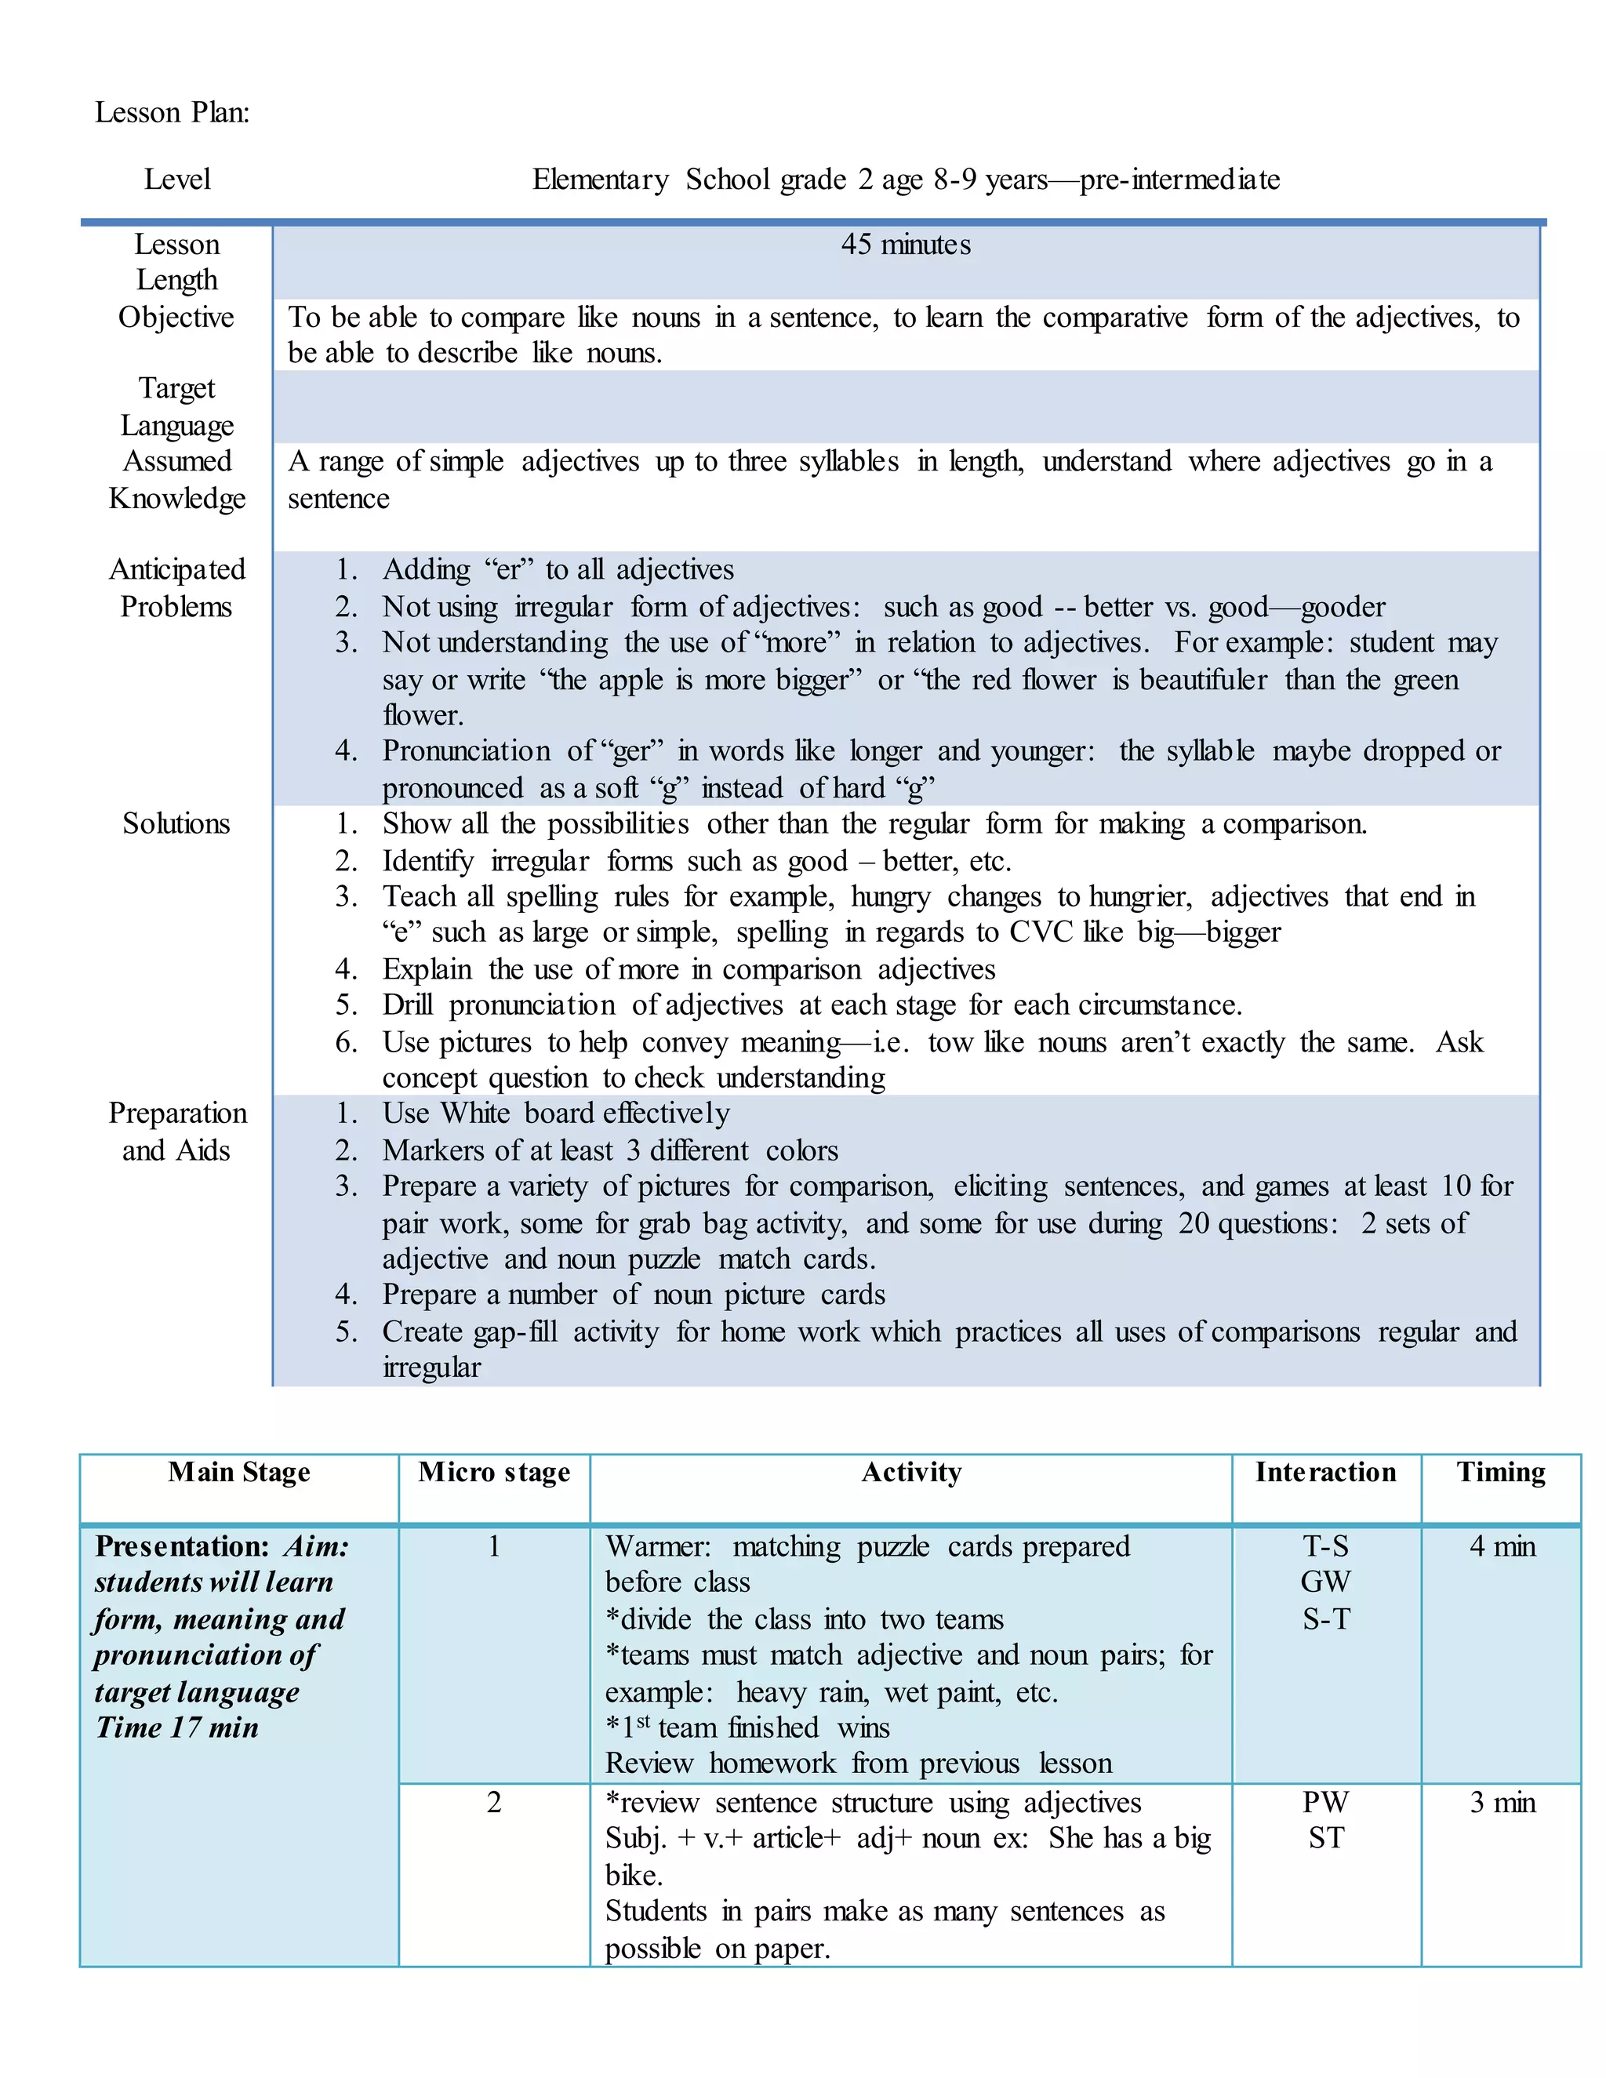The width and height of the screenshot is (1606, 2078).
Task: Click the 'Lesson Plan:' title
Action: [x=173, y=112]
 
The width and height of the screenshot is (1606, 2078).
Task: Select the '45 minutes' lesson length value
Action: [x=905, y=245]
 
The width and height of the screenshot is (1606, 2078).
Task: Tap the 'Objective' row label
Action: [x=176, y=317]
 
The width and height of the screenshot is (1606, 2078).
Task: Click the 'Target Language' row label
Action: [x=177, y=406]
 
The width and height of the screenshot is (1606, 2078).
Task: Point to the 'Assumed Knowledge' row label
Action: [x=177, y=480]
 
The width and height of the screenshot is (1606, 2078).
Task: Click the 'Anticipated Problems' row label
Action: [x=177, y=588]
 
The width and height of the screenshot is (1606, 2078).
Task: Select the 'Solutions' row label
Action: [x=176, y=823]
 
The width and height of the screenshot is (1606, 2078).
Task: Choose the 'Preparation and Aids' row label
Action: [x=177, y=1132]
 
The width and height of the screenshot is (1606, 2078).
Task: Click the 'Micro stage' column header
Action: [x=494, y=1472]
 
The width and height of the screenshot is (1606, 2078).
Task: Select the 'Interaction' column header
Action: [x=1325, y=1472]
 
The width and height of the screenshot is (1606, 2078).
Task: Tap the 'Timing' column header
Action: [x=1500, y=1472]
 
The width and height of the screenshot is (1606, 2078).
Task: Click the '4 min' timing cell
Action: [x=1502, y=1546]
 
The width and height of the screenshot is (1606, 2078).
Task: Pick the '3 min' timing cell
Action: [x=1502, y=1802]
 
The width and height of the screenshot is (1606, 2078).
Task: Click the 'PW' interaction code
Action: [x=1325, y=1802]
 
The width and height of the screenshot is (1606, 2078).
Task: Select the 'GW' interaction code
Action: [x=1325, y=1582]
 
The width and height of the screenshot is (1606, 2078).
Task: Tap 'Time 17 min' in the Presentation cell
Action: [x=177, y=1727]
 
